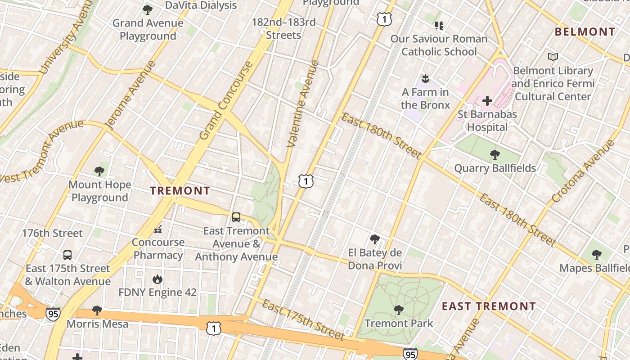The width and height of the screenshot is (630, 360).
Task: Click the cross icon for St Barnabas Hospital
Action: (x=487, y=101)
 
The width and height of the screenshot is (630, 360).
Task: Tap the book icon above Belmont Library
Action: (x=553, y=57)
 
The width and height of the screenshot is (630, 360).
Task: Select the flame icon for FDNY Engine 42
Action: (x=157, y=279)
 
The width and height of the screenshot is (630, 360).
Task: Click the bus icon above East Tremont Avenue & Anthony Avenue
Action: (x=236, y=217)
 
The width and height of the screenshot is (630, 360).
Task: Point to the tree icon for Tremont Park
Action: (x=398, y=310)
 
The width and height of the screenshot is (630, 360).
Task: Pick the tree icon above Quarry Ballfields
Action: (x=495, y=155)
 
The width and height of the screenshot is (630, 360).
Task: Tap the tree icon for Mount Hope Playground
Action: (x=99, y=171)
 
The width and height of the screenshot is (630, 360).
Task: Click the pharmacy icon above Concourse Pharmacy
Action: (x=158, y=229)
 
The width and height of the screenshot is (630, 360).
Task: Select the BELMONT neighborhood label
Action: (x=585, y=32)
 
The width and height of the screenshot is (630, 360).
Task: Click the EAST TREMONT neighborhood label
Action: (x=489, y=306)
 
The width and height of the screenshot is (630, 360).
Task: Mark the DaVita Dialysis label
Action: (x=201, y=5)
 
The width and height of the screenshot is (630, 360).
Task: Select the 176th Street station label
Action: (x=53, y=233)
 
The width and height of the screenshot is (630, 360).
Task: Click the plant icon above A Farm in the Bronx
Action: (x=425, y=79)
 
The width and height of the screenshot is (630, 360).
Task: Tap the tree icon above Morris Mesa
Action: (x=97, y=310)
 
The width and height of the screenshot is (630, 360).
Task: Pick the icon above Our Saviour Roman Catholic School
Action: (x=439, y=25)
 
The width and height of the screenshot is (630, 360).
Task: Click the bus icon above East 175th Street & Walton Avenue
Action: (x=67, y=255)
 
